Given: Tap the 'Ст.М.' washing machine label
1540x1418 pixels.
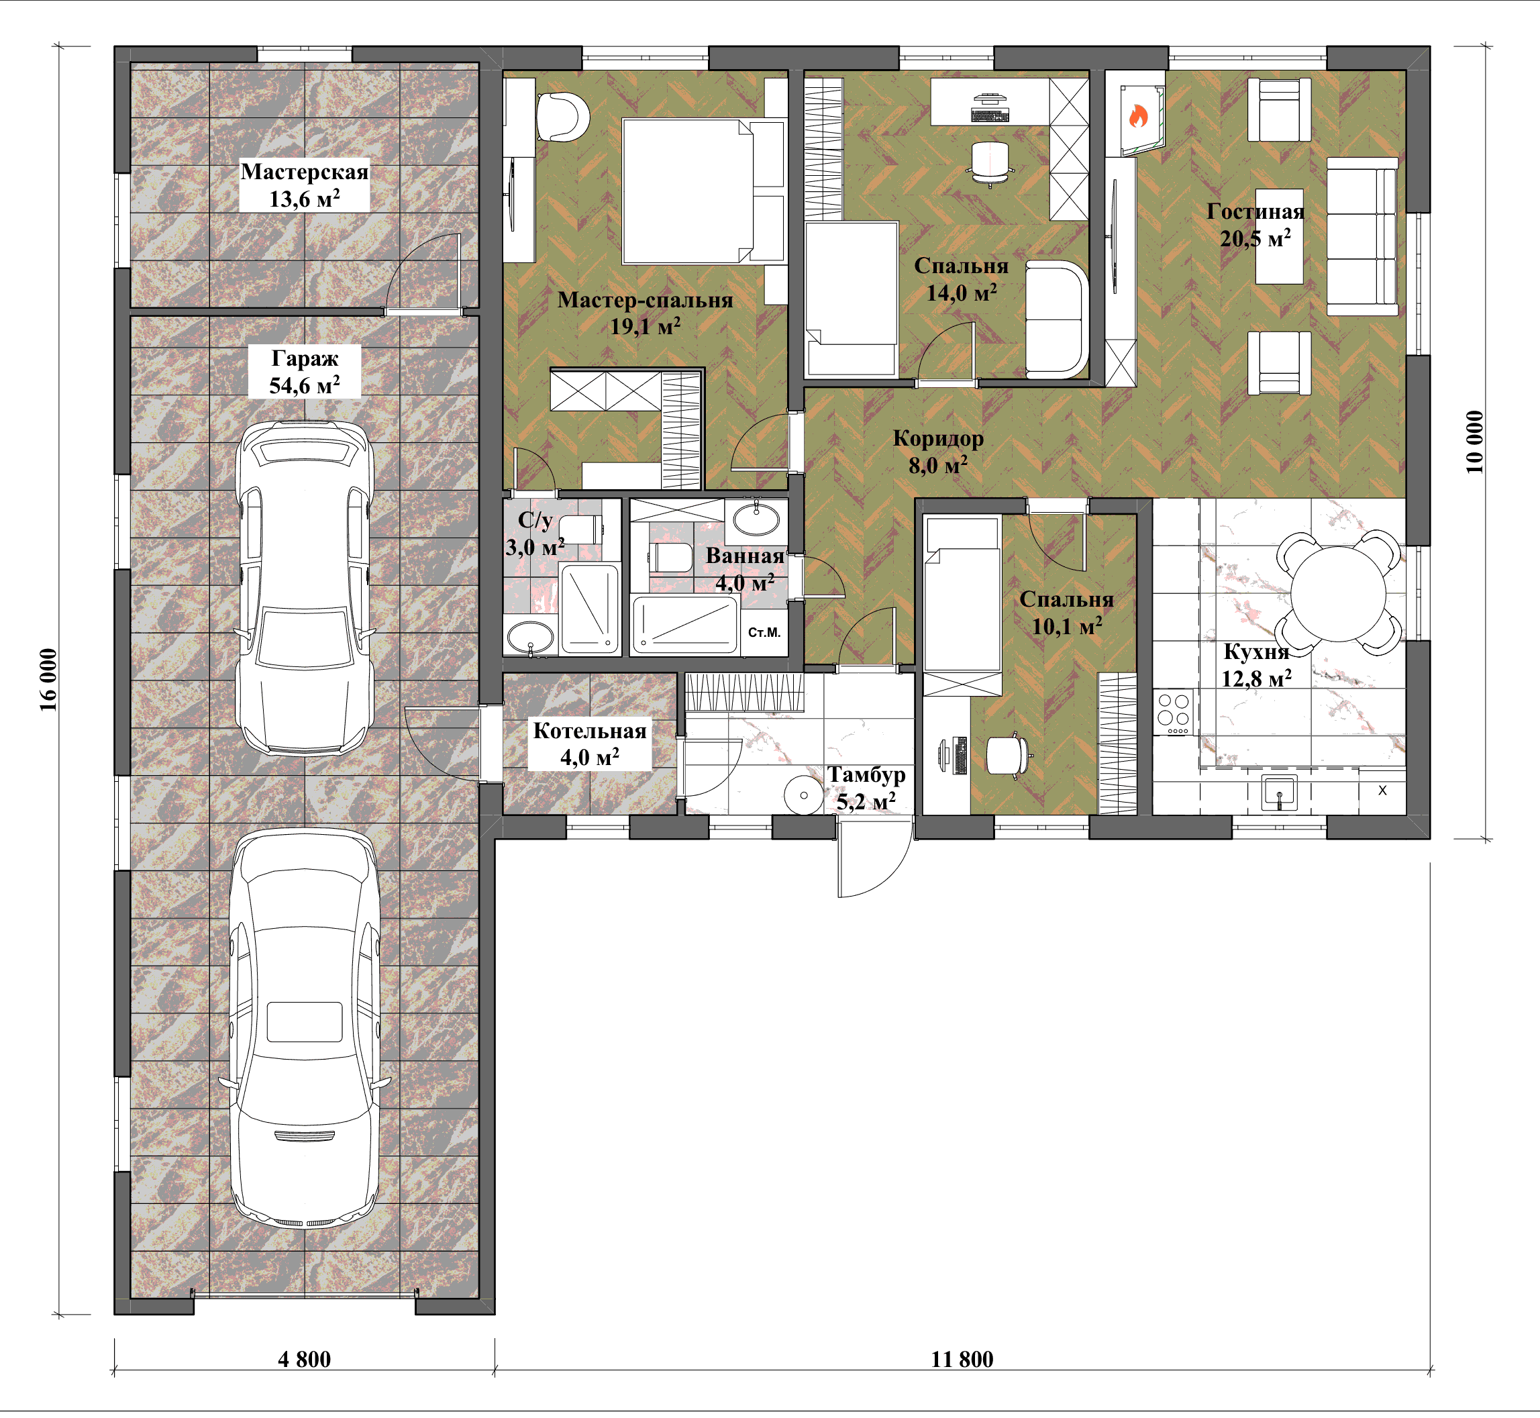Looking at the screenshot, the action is click(x=764, y=632).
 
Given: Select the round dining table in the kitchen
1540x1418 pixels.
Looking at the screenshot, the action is click(x=1338, y=593).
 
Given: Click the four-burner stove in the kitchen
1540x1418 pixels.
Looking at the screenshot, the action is click(x=1173, y=713).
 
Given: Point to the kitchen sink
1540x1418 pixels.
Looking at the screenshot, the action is click(x=1279, y=792).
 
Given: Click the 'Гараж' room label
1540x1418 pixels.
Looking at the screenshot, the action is click(x=305, y=358).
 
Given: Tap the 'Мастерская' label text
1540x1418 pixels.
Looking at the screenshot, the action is click(x=305, y=171).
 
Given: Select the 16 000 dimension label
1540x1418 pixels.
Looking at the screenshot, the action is click(x=48, y=680).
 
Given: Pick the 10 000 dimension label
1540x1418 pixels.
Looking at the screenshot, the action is click(x=1474, y=442).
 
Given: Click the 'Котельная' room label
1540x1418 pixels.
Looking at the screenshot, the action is click(x=590, y=731).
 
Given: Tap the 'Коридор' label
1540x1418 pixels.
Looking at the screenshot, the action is click(x=938, y=438).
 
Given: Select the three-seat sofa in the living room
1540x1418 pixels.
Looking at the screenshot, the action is click(x=1363, y=236).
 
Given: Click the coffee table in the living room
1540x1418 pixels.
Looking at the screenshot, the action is click(x=1279, y=236).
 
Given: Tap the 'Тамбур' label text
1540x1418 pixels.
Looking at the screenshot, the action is click(x=867, y=775).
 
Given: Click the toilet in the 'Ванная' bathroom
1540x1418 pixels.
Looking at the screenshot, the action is click(x=672, y=557).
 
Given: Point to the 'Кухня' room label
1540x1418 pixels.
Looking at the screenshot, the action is click(x=1256, y=652).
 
